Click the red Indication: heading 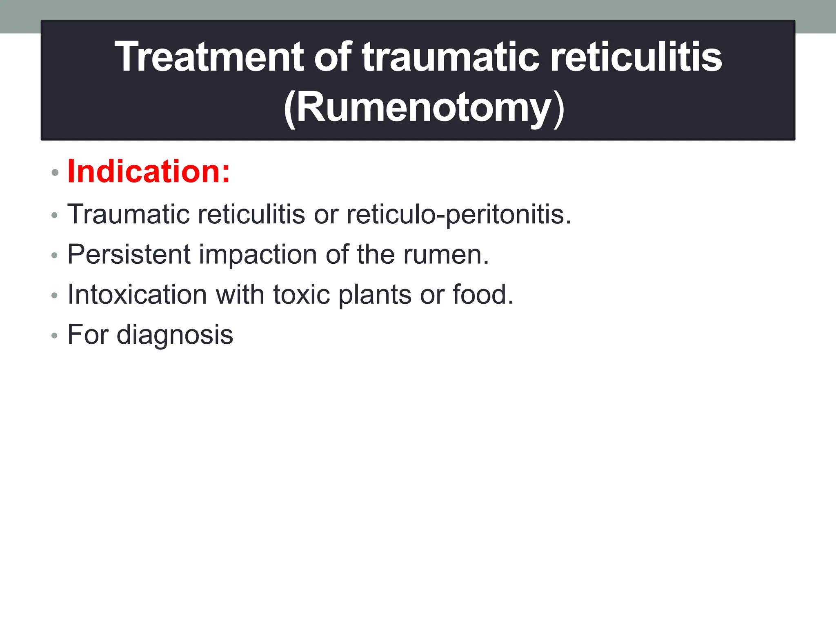click(x=149, y=171)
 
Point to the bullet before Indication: click(x=55, y=173)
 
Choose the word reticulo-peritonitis click(x=458, y=214)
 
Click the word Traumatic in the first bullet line click(x=129, y=214)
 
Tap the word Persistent click(x=129, y=254)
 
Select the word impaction click(x=258, y=254)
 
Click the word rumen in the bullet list click(x=445, y=254)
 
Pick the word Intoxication click(x=137, y=294)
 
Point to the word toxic click(x=301, y=294)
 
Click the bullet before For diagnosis click(x=55, y=336)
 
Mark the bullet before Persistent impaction click(x=55, y=256)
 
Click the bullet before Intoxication click(x=55, y=296)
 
